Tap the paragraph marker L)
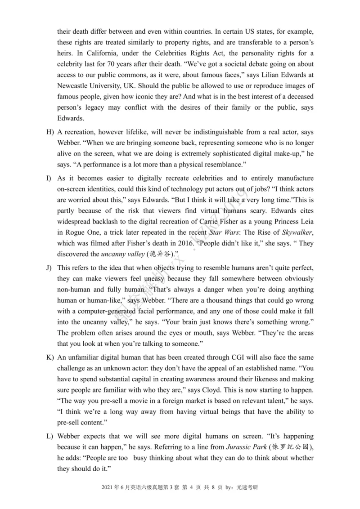click(49, 436)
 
